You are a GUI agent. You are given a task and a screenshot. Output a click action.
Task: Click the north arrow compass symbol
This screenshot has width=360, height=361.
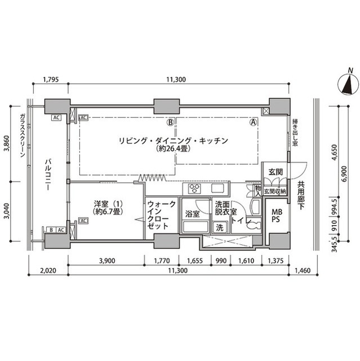pos(347,84)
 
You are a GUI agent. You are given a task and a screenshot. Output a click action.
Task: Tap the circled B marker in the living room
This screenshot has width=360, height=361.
pos(169,121)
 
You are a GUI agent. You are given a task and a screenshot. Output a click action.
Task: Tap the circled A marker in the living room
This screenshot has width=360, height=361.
pos(254,121)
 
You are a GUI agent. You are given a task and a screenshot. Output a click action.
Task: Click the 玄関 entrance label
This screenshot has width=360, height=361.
pos(275,171)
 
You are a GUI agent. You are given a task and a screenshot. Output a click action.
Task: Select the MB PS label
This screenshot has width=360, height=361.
pos(277,216)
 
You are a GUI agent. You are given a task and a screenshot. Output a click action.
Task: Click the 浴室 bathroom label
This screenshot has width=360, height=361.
pos(193,214)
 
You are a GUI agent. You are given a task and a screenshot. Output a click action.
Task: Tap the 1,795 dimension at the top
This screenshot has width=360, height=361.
pos(51,80)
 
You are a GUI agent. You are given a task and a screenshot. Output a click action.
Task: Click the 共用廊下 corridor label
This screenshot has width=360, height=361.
pos(301,195)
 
